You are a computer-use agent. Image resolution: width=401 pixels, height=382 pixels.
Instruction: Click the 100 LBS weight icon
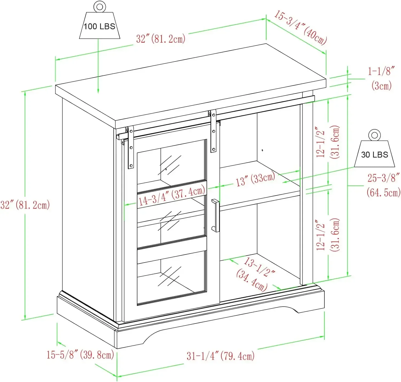coord(99,26)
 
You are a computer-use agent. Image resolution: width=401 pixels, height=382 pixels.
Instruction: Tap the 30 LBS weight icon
coord(374,154)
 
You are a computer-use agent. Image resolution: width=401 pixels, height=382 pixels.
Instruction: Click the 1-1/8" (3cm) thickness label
coord(381,78)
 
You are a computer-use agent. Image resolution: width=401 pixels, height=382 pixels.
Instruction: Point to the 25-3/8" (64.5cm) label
coord(383,185)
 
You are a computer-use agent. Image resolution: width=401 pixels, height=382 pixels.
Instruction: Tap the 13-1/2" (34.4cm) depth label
coord(255,273)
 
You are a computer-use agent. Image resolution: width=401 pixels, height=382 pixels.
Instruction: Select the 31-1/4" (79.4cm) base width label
coord(221,356)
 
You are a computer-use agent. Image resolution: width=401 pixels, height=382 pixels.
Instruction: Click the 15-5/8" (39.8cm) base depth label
coord(80,355)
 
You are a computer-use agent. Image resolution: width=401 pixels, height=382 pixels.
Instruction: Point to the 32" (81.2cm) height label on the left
coord(25,205)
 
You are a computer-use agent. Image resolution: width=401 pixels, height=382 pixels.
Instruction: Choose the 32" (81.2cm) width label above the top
coord(161,39)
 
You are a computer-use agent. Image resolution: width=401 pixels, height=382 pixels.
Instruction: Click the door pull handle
coord(215,215)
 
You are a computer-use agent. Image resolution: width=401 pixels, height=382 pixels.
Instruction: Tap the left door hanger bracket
coord(131,147)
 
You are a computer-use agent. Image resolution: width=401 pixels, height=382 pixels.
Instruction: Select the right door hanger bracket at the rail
coord(213,131)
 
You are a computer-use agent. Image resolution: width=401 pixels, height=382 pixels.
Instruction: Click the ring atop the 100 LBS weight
coord(100,6)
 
